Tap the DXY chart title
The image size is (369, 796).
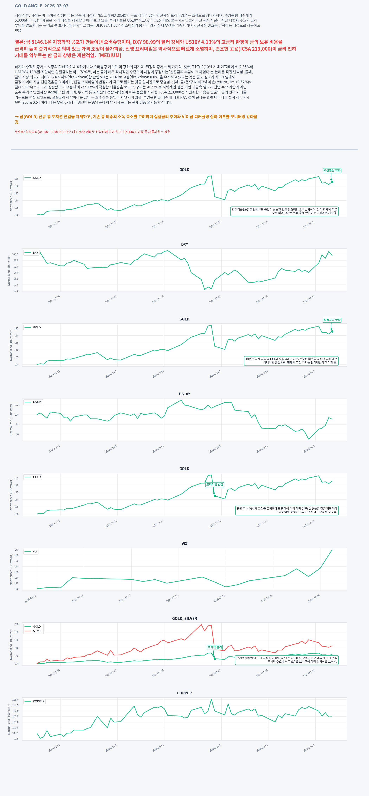coord(184,244)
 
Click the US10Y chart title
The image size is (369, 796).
coord(184,394)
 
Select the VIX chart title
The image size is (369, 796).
coord(184,544)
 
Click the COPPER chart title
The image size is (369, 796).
coord(184,693)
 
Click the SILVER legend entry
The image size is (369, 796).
coord(37,631)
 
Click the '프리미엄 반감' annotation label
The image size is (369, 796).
coord(215,484)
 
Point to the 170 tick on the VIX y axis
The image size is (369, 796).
coord(16,550)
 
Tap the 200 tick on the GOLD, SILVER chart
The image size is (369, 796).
coord(16,624)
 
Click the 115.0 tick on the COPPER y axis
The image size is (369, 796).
coord(15,700)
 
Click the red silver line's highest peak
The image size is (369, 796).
coord(201,624)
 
